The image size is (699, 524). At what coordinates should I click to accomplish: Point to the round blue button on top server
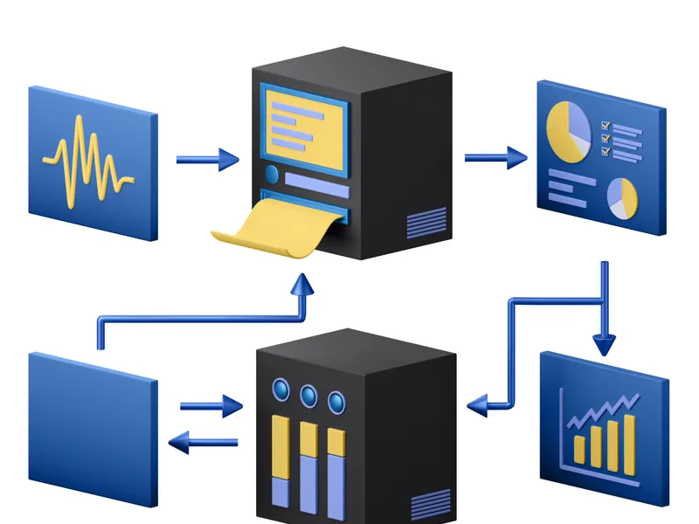(272, 175)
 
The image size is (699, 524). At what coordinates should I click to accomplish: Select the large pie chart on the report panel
(568, 128)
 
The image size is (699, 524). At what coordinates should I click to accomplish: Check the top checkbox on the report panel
(605, 126)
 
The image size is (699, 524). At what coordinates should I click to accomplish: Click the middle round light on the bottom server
(308, 396)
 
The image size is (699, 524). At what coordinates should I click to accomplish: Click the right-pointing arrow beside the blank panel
(211, 406)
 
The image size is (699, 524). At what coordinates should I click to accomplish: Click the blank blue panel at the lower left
(92, 428)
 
